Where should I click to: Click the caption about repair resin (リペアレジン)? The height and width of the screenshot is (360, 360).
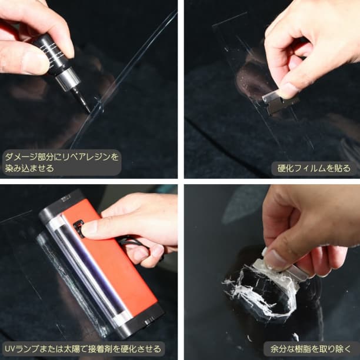click(61, 162)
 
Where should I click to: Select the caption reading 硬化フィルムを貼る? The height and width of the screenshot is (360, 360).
click(314, 168)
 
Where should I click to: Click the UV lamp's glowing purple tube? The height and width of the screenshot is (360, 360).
click(88, 271)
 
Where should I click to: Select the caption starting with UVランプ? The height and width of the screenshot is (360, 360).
click(82, 349)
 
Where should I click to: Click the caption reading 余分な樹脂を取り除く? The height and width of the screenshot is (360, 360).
click(309, 349)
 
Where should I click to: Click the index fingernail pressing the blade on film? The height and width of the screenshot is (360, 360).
click(288, 90)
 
